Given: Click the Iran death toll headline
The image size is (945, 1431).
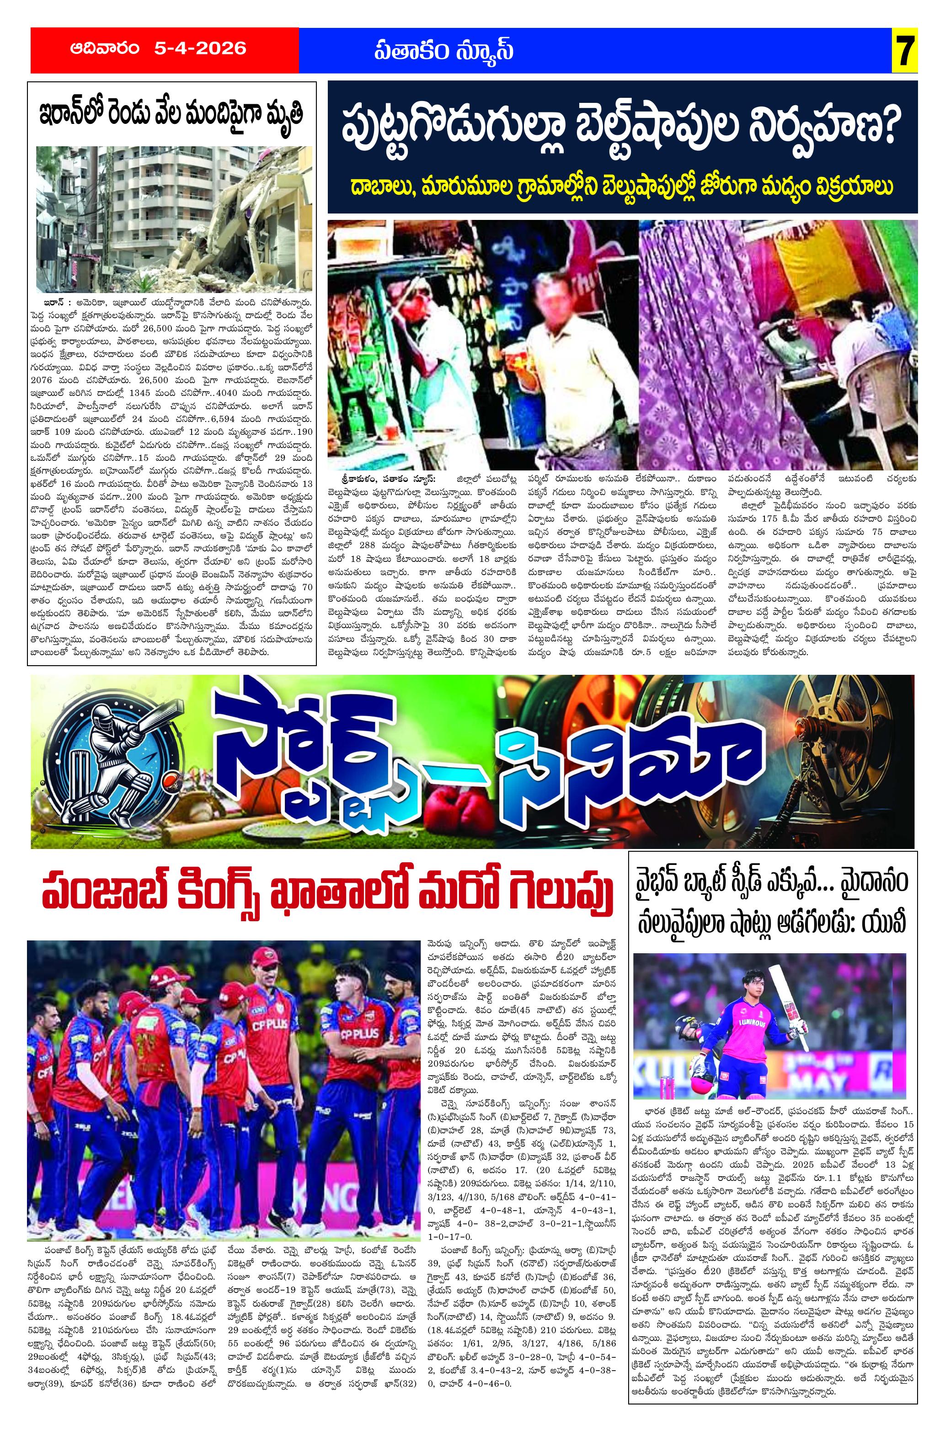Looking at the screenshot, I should pyautogui.click(x=171, y=114).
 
